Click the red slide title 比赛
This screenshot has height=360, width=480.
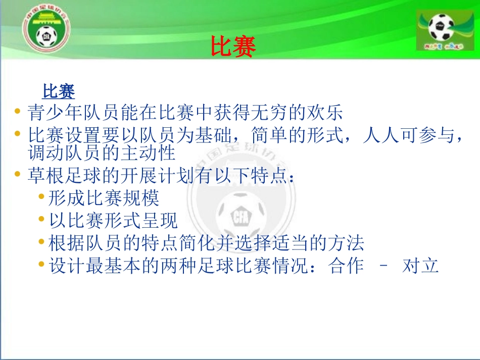click(233, 47)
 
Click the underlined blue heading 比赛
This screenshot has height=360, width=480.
click(59, 91)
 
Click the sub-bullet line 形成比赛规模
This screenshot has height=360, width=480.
click(104, 197)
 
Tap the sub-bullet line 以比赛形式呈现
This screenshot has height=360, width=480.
click(113, 220)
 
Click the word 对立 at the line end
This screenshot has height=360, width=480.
click(420, 266)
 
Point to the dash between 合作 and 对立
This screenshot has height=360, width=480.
click(382, 266)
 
